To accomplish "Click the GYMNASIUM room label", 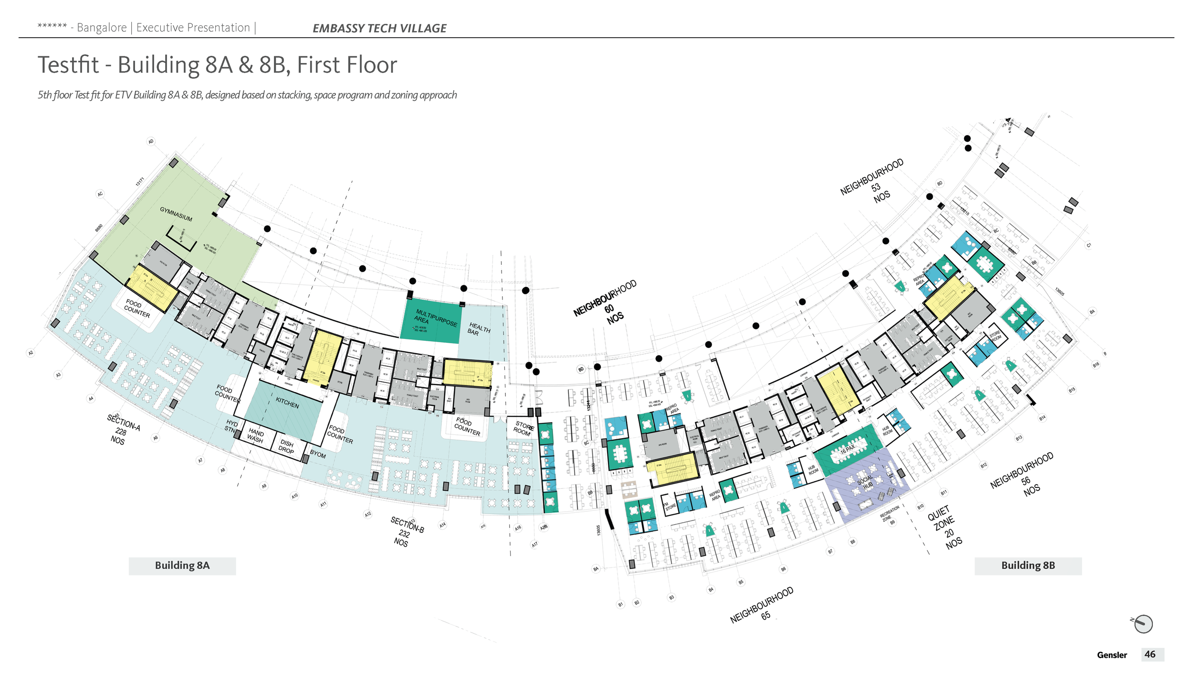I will (176, 214).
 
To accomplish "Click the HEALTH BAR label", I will (479, 329).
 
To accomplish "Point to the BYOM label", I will (318, 454).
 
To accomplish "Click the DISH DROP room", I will (287, 446).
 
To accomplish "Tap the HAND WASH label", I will (255, 435).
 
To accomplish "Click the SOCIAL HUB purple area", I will (865, 482).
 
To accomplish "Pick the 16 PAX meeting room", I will (848, 449).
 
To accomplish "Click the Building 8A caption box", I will (182, 566).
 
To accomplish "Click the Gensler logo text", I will (1111, 655).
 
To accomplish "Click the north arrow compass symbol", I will (1143, 624).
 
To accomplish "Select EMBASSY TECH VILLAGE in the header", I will (379, 29).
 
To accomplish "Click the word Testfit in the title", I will (68, 65).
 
